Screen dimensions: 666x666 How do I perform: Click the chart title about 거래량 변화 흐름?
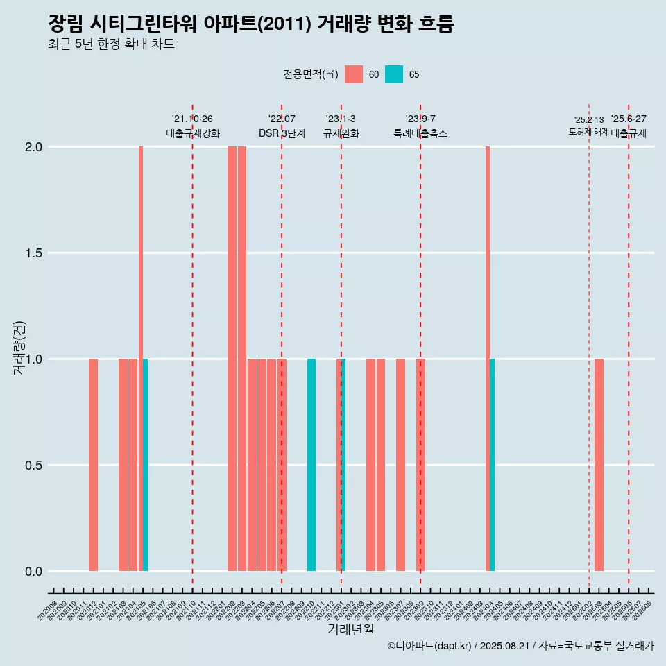tap(250, 24)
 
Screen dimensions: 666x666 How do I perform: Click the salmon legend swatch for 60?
tap(354, 74)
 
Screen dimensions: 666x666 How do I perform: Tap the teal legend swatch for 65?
tap(394, 74)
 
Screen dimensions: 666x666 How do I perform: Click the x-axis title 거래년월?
tap(350, 630)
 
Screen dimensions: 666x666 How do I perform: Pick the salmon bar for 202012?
tap(93, 465)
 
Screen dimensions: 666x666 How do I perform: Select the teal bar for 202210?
tap(311, 465)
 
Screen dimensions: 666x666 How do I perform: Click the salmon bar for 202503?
tap(599, 465)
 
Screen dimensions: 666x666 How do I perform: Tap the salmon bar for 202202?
tap(232, 359)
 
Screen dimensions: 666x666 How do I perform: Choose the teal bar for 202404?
tap(492, 465)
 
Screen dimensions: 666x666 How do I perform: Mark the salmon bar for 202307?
tap(400, 465)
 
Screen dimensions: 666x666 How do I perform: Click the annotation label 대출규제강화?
tap(193, 134)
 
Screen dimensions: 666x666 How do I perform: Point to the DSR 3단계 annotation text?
tap(282, 134)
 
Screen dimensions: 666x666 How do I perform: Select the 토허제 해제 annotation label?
tap(588, 132)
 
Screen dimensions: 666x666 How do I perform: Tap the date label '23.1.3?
tap(341, 119)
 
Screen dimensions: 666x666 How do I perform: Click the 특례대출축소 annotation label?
tap(420, 134)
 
